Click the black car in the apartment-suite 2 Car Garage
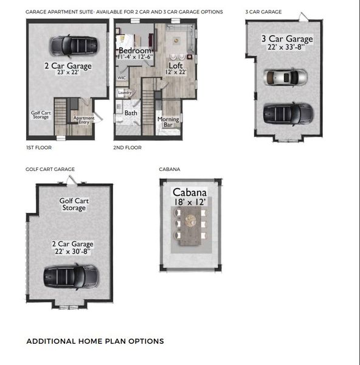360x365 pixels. tap(73, 44)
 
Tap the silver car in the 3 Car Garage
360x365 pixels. tap(285, 77)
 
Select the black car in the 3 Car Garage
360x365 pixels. tap(288, 112)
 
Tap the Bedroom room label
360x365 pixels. tap(134, 50)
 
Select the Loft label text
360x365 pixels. tap(176, 65)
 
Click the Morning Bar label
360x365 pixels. tap(168, 122)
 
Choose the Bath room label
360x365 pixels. tap(131, 113)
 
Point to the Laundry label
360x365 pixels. tap(125, 92)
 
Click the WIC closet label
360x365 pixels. tap(122, 78)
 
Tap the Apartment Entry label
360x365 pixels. tap(84, 120)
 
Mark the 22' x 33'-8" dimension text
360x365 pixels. tap(286, 47)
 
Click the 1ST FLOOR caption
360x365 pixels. tap(40, 147)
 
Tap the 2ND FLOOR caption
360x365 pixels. tap(127, 147)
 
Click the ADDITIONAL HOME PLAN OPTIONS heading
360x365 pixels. tap(95, 341)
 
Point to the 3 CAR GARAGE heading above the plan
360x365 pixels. tap(263, 12)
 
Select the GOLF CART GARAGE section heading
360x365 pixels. tap(50, 169)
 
